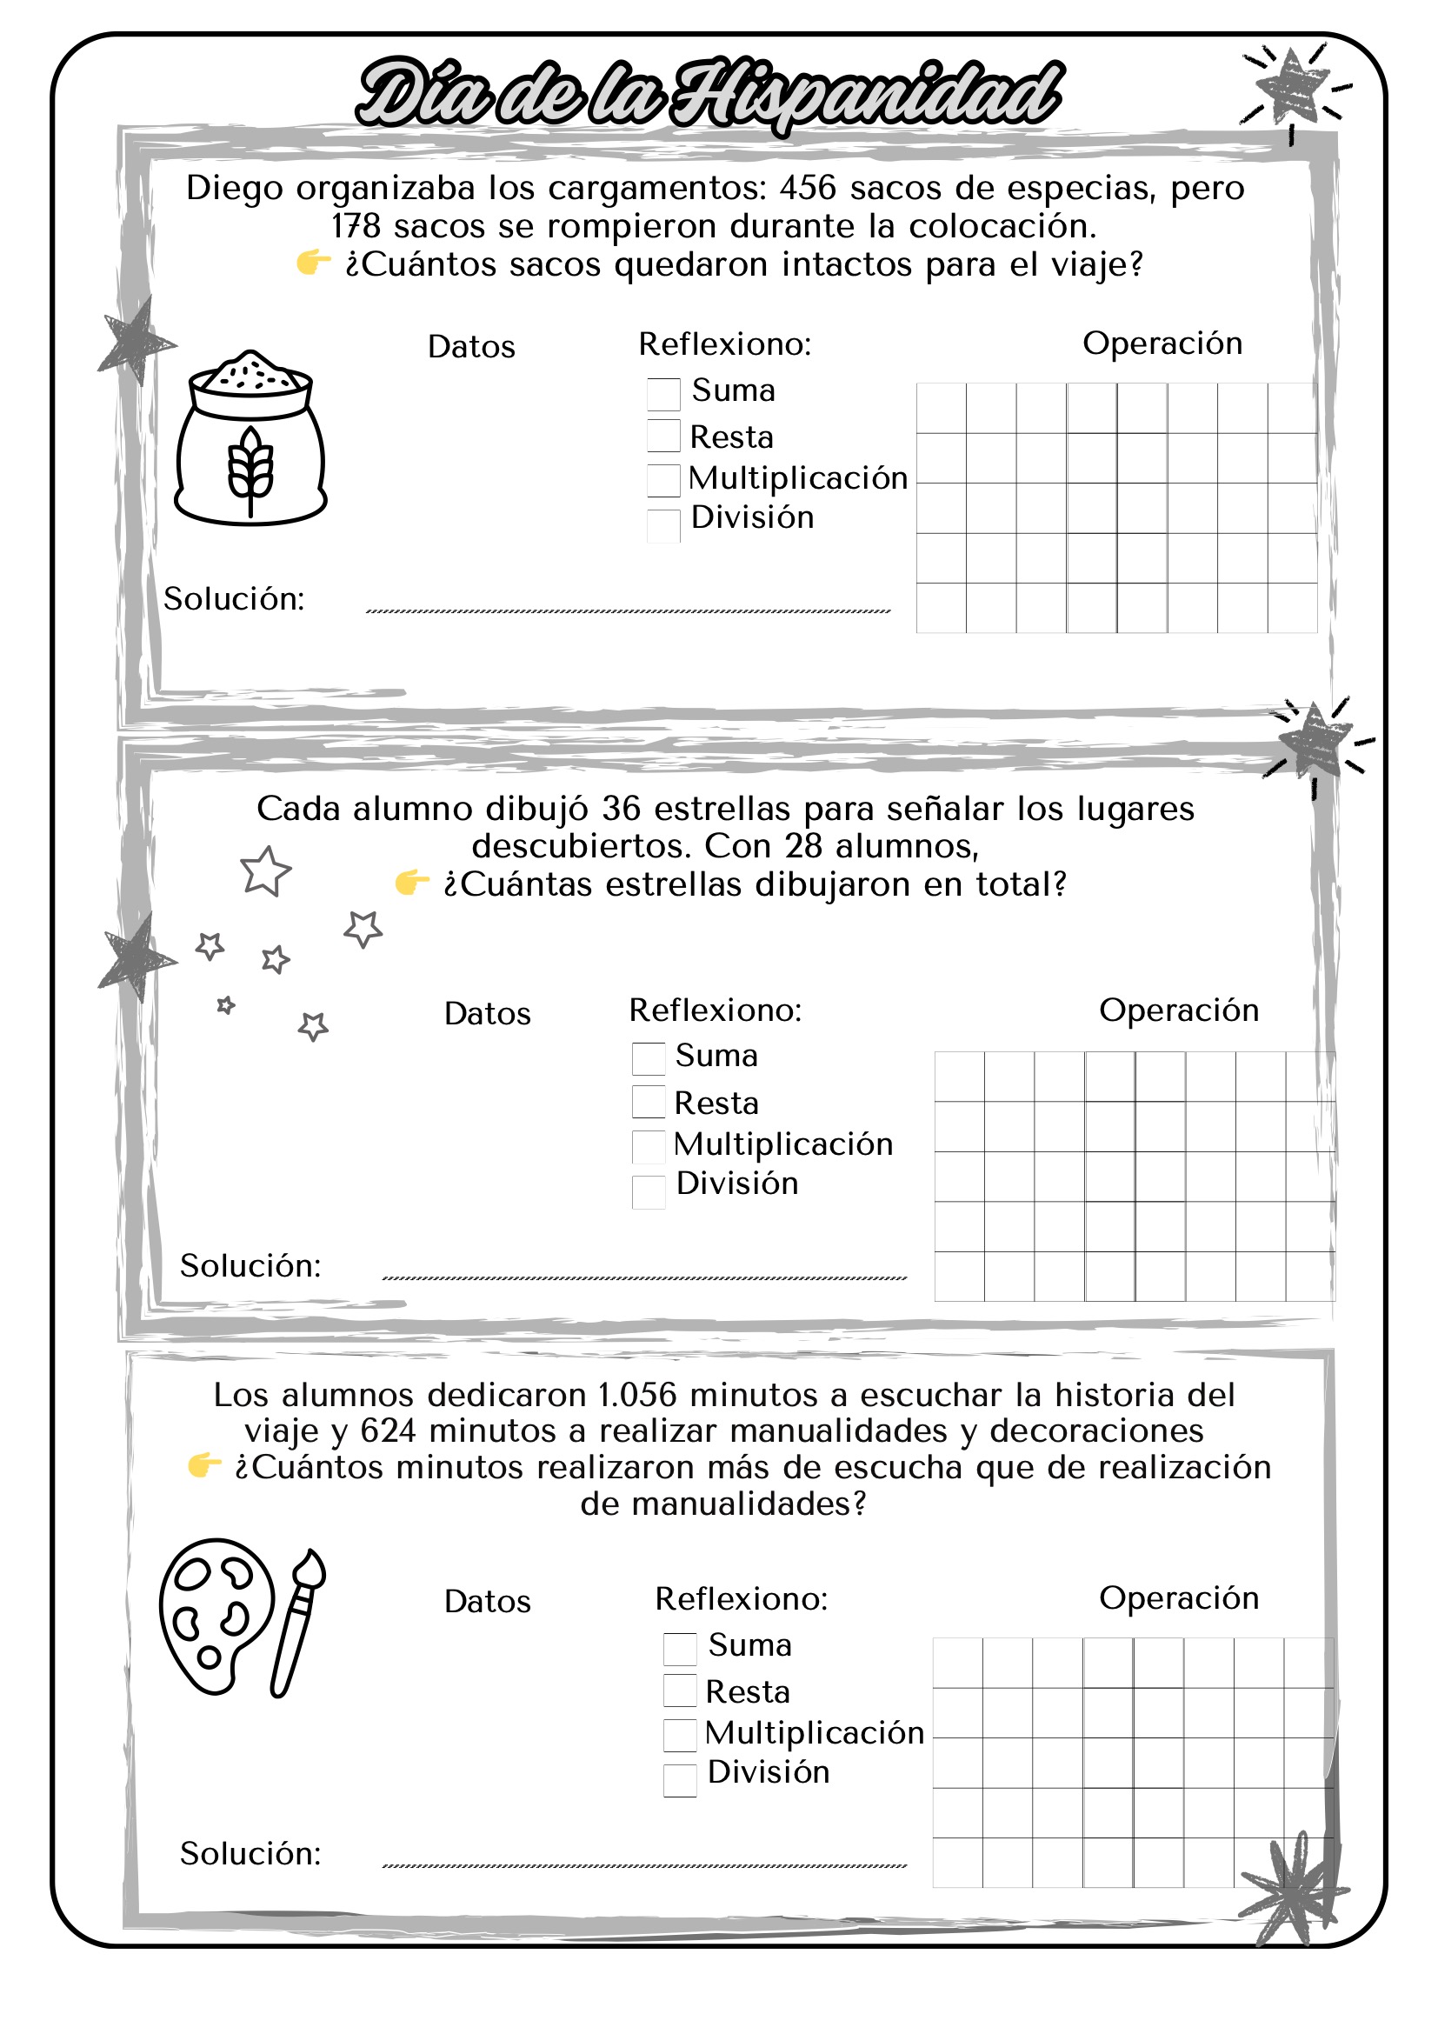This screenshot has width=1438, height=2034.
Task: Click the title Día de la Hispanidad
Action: coord(709,93)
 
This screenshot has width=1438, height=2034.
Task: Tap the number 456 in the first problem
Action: coord(808,188)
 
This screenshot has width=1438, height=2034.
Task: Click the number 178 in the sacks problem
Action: coord(355,227)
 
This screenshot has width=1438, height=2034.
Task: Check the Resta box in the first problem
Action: coord(663,436)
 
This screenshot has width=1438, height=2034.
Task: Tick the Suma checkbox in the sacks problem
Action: coord(663,393)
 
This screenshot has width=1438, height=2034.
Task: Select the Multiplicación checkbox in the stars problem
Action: coord(649,1146)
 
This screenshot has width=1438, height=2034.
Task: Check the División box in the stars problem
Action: coord(649,1191)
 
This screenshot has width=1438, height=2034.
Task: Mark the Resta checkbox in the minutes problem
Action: coord(679,1691)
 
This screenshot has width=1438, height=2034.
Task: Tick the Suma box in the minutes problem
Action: coord(679,1649)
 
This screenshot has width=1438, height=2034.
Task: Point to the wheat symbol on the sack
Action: coord(250,470)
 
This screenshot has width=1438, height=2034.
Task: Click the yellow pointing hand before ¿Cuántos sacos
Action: coord(313,263)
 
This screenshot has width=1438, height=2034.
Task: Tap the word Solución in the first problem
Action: coord(234,600)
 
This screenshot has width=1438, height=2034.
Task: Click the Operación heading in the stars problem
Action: coord(1179,1010)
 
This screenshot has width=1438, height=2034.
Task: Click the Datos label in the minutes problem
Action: coord(487,1602)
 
